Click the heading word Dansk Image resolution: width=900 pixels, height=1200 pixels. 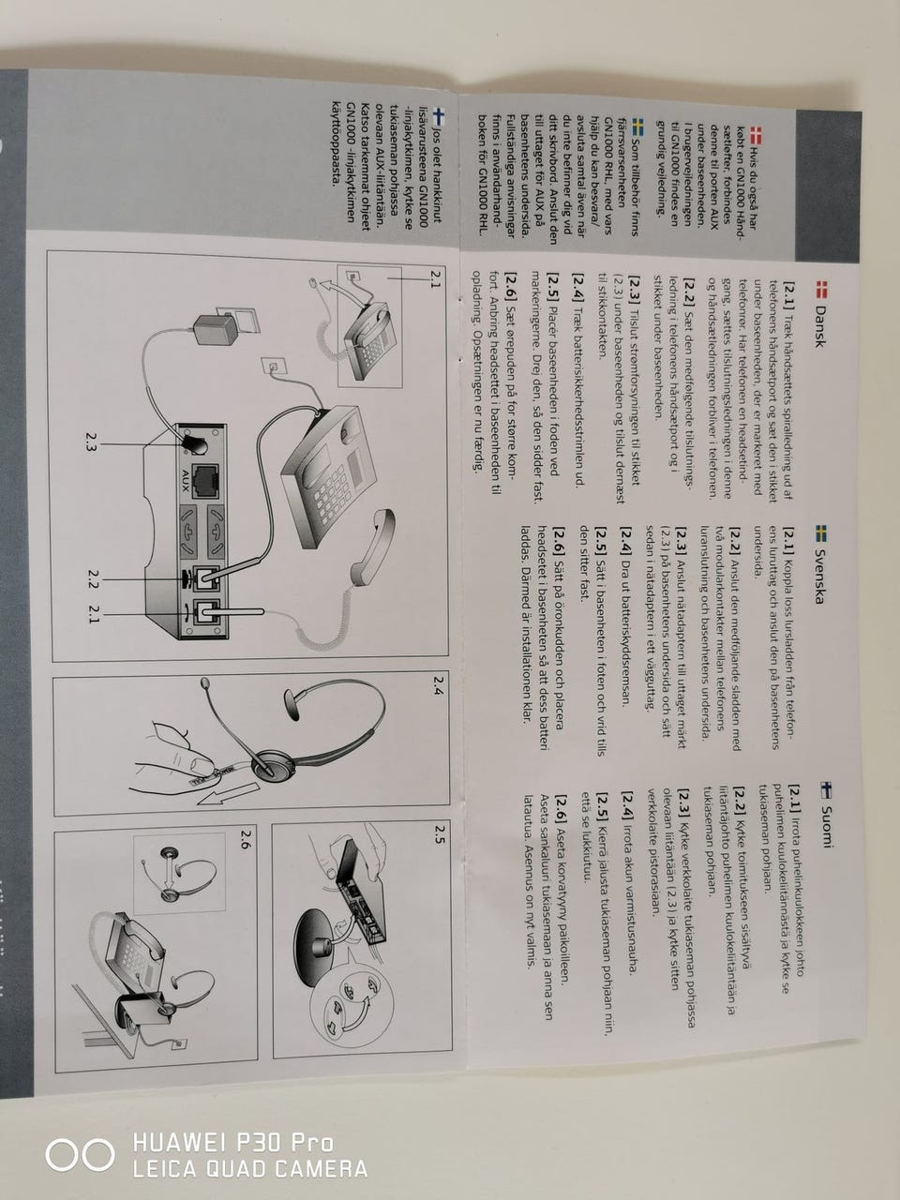[x=819, y=326]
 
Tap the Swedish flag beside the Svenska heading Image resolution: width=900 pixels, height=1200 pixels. [x=819, y=532]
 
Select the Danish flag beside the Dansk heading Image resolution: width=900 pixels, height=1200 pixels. [x=820, y=290]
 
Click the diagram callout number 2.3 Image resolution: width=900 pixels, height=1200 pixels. [x=91, y=442]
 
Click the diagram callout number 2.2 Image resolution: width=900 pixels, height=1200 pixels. [x=94, y=579]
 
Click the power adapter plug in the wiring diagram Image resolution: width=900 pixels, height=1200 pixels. [x=215, y=330]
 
